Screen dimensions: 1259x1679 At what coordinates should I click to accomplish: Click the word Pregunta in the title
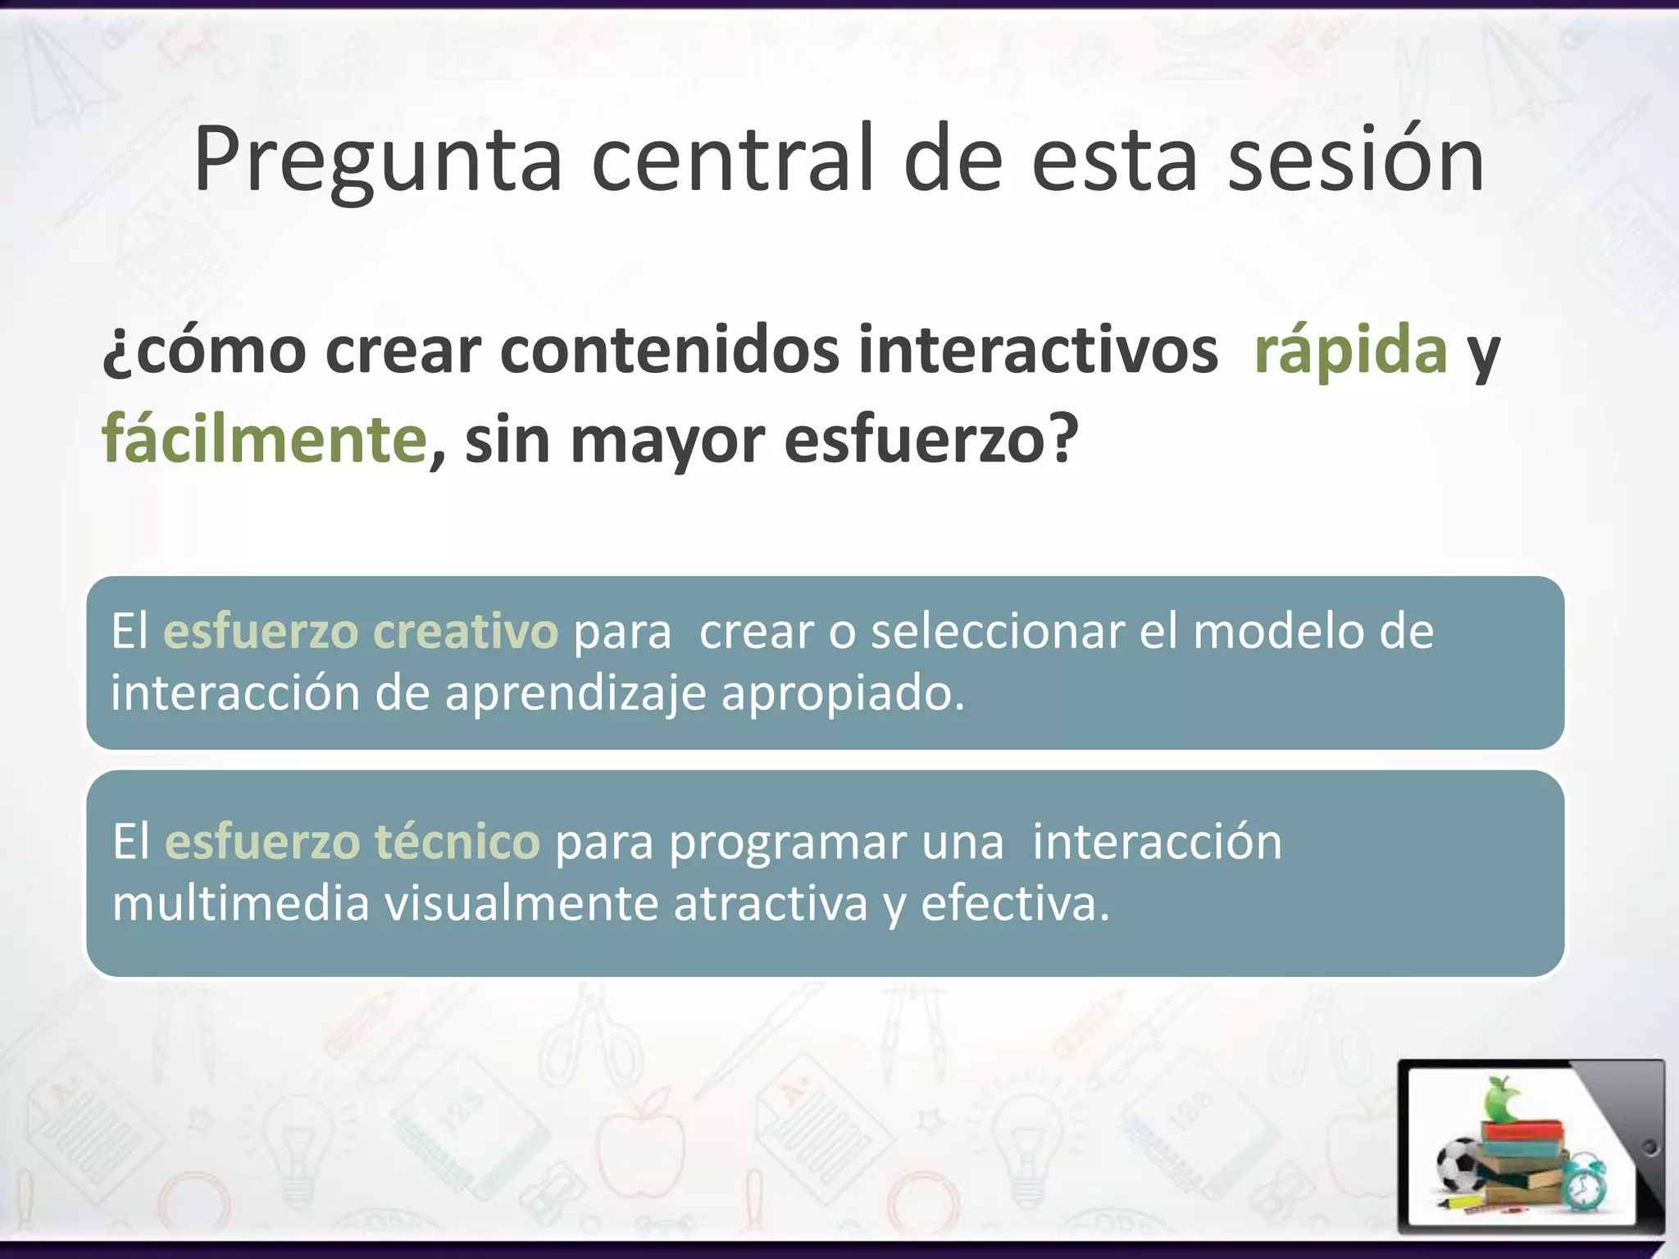point(377,161)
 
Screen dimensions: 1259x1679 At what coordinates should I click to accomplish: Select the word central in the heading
point(733,161)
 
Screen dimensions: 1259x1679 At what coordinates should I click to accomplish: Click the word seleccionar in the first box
point(998,631)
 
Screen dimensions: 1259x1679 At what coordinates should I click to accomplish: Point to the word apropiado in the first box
point(842,693)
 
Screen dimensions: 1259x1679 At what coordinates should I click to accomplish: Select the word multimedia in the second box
point(240,904)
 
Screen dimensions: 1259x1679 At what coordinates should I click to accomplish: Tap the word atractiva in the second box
point(770,904)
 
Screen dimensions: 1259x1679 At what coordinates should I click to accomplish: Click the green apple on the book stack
point(1502,1100)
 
